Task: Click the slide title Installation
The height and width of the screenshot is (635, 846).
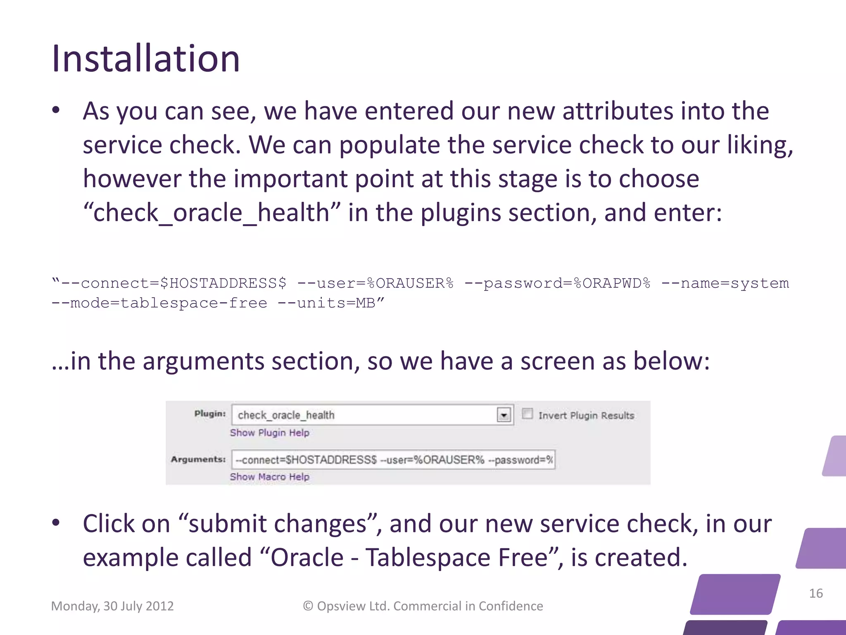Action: (x=145, y=59)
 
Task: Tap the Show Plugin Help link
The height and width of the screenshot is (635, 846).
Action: (x=269, y=433)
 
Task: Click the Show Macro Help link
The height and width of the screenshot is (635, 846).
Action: (x=269, y=477)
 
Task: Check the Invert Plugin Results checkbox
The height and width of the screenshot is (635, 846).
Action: (x=528, y=414)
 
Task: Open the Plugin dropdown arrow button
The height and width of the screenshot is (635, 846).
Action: (x=504, y=415)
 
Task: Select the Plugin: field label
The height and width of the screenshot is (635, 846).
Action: (x=210, y=414)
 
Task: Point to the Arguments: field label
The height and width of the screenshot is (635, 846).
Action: (x=198, y=459)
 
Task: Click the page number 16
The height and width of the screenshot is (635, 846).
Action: (x=816, y=593)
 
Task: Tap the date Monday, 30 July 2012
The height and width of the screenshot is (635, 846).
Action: (x=112, y=606)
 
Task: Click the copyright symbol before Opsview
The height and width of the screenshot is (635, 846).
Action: (x=308, y=606)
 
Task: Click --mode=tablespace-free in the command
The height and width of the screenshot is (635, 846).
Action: (x=159, y=303)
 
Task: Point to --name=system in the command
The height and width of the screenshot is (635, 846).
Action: (x=725, y=283)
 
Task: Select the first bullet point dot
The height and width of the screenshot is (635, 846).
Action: (x=56, y=110)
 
